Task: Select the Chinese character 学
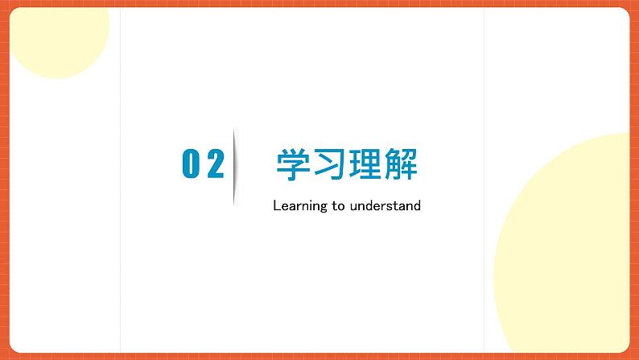(292, 164)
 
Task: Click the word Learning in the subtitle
(300, 206)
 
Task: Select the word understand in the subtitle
(385, 206)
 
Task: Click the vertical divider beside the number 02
(234, 166)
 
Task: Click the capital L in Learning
(276, 205)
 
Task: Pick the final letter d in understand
(418, 205)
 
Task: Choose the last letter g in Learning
(324, 207)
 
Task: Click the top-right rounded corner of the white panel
(625, 12)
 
